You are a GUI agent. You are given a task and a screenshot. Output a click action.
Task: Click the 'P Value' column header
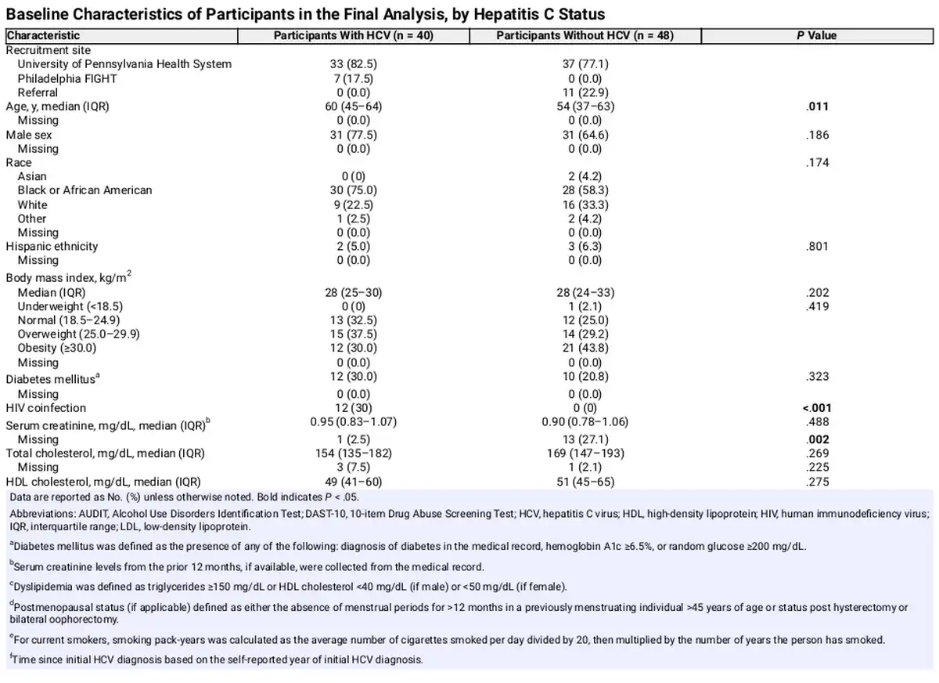[817, 35]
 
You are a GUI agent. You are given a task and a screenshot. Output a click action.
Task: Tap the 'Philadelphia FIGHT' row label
[67, 78]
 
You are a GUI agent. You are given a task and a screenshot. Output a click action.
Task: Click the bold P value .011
[817, 107]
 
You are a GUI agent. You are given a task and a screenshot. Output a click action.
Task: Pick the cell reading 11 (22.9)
[584, 92]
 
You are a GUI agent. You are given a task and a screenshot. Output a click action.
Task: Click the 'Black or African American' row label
[85, 190]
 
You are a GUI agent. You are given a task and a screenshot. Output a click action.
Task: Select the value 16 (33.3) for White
[584, 204]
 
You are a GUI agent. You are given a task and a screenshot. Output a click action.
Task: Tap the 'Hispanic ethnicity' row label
[52, 246]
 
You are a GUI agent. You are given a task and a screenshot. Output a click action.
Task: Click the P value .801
[817, 246]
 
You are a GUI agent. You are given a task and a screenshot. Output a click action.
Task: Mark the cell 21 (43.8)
[584, 348]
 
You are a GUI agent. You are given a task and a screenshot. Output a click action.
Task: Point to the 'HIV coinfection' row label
[46, 408]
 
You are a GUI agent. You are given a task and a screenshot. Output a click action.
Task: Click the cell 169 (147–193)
[584, 453]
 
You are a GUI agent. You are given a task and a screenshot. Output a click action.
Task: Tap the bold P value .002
[817, 439]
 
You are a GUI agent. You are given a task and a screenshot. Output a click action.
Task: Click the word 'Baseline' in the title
[38, 14]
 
